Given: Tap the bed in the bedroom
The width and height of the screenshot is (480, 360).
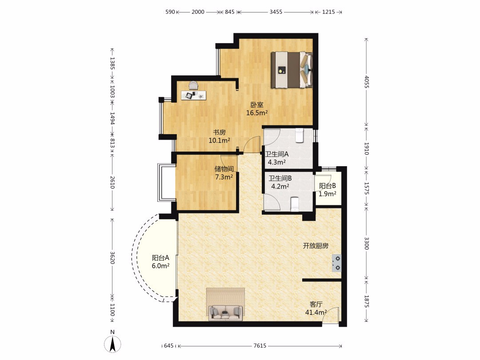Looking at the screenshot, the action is [292, 70].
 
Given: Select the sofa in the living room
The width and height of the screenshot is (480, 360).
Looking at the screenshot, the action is [225, 312].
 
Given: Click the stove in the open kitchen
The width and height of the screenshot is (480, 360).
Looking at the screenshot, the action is [336, 263].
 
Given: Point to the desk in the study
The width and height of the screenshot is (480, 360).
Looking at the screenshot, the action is [193, 95].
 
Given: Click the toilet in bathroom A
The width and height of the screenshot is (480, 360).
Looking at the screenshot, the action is [299, 136].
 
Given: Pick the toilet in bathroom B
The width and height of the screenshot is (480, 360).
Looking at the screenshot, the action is [294, 204].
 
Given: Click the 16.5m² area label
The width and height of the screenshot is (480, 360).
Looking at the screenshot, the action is [257, 113].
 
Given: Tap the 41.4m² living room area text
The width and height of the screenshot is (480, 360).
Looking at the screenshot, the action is [316, 312].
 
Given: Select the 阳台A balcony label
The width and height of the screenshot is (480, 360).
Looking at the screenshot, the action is [160, 258].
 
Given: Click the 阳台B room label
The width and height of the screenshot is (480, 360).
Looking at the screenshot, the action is [327, 186].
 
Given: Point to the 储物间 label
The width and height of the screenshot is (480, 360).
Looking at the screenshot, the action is [224, 169].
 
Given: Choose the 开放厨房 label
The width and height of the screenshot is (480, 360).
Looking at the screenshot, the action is [316, 246].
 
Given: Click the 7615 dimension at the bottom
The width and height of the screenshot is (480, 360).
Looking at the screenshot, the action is [260, 346].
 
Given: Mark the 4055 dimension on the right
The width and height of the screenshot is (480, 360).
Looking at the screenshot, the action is [366, 82].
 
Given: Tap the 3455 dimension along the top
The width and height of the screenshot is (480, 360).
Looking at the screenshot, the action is [276, 12].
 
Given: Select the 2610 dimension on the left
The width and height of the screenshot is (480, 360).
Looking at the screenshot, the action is [112, 183].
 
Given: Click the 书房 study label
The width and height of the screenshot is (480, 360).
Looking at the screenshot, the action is [219, 132].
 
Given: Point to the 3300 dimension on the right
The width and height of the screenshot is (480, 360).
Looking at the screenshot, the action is [366, 244].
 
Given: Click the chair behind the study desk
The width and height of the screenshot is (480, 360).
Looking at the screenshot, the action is [193, 85].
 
